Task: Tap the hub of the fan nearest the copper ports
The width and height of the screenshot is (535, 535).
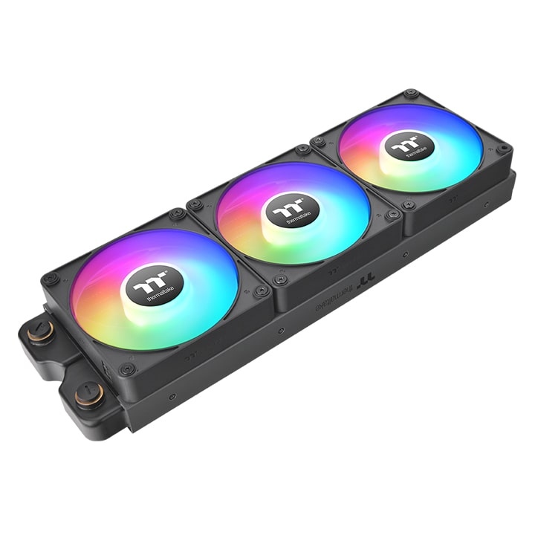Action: [154, 283]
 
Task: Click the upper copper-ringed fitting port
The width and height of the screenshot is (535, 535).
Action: [42, 332]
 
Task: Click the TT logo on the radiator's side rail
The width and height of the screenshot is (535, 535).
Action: [366, 282]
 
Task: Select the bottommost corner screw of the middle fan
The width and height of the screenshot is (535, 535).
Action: [280, 280]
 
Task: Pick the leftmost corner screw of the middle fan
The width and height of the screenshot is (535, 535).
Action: [195, 204]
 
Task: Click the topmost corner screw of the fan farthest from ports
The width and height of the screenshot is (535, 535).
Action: [410, 94]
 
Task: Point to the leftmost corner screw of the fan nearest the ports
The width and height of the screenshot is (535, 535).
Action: [51, 279]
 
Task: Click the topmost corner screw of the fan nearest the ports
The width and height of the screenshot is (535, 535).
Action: [177, 214]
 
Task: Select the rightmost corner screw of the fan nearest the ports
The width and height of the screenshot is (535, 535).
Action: [261, 292]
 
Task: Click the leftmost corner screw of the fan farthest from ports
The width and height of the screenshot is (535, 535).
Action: [318, 140]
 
